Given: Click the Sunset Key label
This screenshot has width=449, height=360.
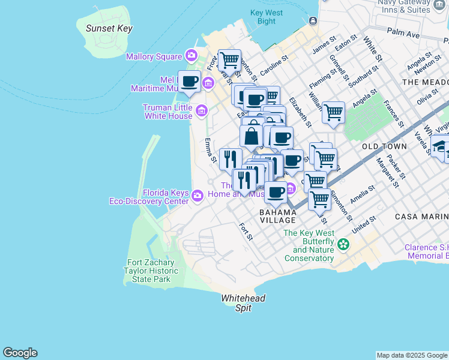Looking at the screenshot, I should click(x=109, y=28).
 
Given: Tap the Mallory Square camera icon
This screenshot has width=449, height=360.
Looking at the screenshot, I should click(x=191, y=56).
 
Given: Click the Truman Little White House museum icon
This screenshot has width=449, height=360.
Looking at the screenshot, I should click(x=201, y=110).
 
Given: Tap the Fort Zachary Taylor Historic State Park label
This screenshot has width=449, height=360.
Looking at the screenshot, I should click(x=152, y=271).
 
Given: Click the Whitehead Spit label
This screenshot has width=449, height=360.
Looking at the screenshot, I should click(x=243, y=303).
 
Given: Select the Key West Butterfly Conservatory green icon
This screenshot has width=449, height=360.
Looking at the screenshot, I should click(x=343, y=244).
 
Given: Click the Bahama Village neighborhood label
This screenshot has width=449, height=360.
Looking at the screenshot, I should click(x=278, y=216).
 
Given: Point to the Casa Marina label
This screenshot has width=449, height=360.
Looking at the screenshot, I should click(x=421, y=216).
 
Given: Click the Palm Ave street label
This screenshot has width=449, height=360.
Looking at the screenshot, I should click(x=402, y=31).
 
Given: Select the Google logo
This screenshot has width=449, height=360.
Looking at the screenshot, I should click(x=20, y=353).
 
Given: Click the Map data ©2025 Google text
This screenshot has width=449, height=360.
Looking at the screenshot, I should click(x=412, y=355).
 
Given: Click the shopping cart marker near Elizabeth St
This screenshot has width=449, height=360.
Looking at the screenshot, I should click(x=333, y=112).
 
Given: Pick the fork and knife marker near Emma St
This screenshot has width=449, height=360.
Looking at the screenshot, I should click(x=231, y=158).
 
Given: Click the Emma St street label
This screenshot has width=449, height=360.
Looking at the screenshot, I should click(x=210, y=151).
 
